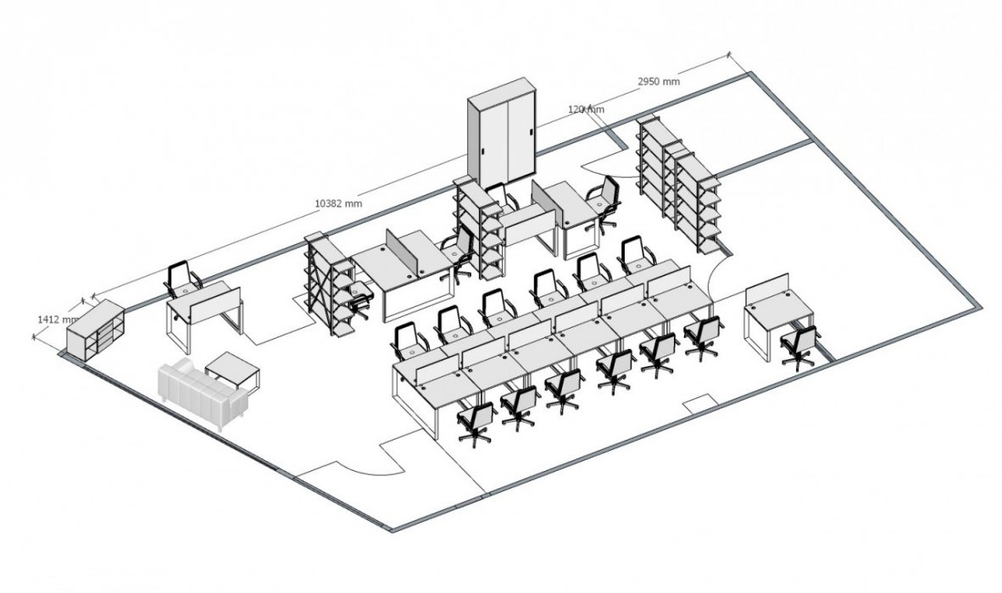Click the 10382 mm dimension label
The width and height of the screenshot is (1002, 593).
tap(338, 203)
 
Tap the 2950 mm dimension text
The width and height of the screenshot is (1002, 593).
tap(659, 81)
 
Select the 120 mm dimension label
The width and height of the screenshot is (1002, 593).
tap(586, 110)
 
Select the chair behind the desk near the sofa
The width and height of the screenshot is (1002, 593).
tap(182, 280)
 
